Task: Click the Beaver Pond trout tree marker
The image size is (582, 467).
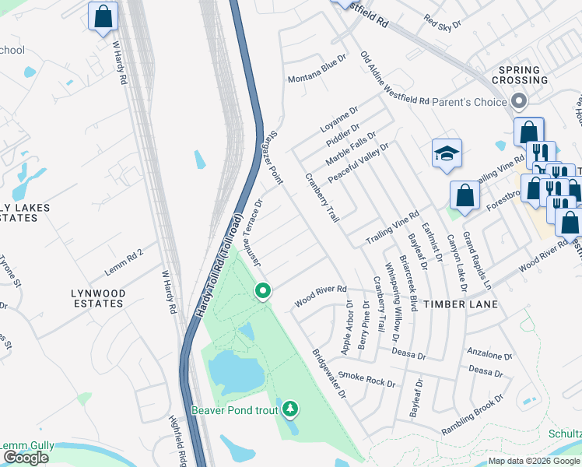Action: pos(290,407)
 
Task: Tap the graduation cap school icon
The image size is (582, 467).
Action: pos(447,153)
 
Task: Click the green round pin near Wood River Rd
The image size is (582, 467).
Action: pos(263,292)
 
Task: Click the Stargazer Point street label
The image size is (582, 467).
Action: pos(272,156)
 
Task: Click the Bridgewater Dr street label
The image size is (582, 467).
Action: pos(329,374)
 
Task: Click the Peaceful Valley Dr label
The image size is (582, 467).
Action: pos(358,163)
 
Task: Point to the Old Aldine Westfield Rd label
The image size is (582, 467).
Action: pos(394,79)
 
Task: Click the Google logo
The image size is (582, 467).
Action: pos(26,458)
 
